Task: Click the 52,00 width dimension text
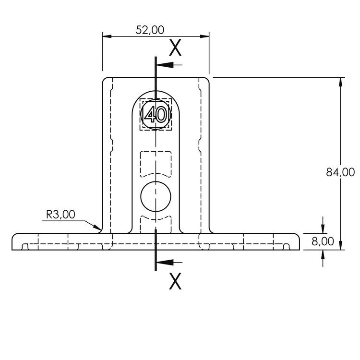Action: click(x=150, y=30)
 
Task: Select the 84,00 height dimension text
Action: click(x=340, y=172)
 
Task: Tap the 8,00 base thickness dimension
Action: click(x=323, y=241)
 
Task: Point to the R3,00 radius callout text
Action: click(x=60, y=215)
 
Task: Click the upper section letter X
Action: click(x=175, y=48)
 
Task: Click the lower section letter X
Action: click(x=175, y=281)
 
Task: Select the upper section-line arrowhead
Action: click(x=165, y=65)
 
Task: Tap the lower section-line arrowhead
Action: click(x=165, y=262)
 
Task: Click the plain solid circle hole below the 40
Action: click(x=156, y=196)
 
